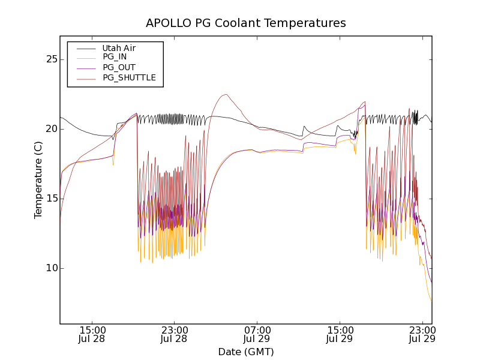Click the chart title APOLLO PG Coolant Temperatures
tap(246, 23)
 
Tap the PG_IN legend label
tap(115, 57)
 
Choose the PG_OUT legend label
tap(119, 67)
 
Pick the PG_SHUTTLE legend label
tap(129, 77)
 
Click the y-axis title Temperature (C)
tap(38, 180)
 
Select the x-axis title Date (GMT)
tap(246, 352)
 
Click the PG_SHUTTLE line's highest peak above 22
tap(225, 94)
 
